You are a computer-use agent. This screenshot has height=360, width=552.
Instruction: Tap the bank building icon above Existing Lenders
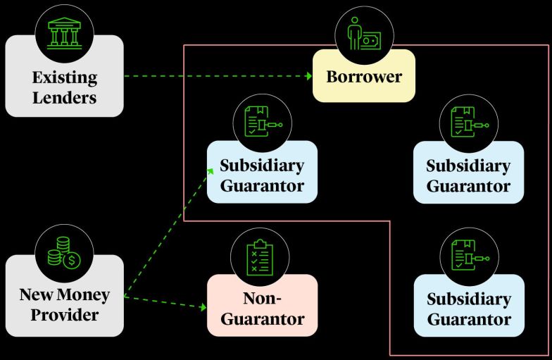point(64,33)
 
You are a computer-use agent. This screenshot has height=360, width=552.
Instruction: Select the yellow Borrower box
point(364,76)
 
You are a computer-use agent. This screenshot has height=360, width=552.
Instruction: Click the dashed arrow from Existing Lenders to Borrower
point(218,75)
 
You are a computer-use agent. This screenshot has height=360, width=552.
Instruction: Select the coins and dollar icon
point(64,253)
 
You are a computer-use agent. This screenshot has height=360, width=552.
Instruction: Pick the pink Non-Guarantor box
point(262,306)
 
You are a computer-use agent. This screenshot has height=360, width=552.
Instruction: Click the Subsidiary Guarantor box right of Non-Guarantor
point(469,306)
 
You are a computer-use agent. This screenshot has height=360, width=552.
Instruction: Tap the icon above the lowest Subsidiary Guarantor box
point(469,256)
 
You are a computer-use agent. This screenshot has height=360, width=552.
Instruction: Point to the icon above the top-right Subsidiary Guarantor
point(469,124)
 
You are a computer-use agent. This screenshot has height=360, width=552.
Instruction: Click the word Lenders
point(64,97)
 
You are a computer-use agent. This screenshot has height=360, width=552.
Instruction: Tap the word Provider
point(64,314)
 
